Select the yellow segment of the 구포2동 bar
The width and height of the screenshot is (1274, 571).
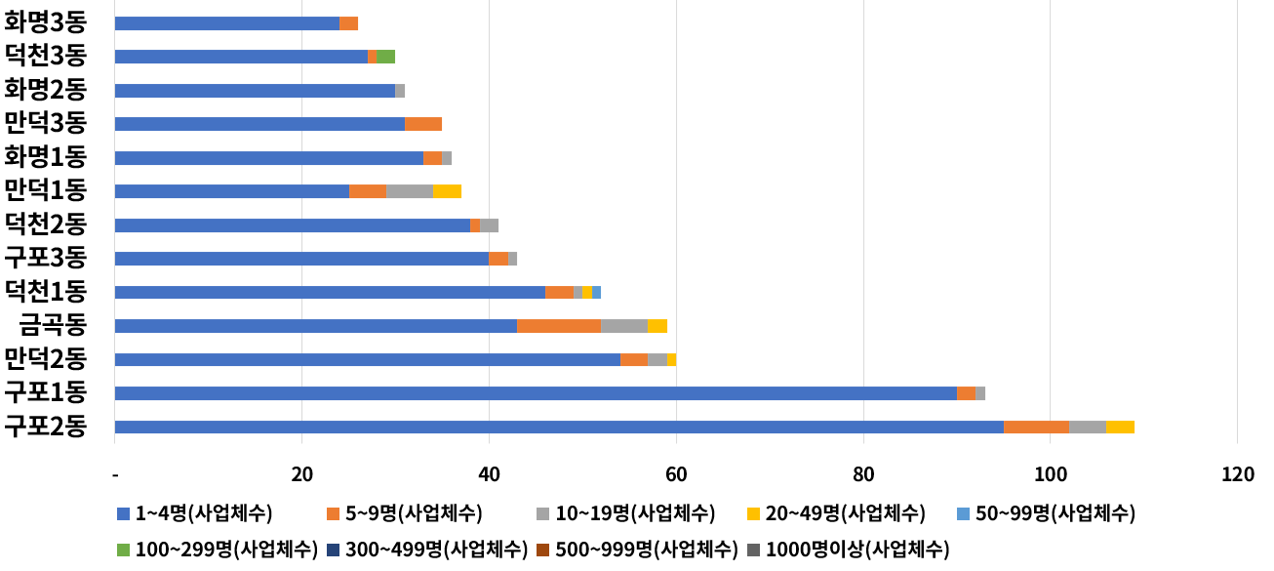(1120, 427)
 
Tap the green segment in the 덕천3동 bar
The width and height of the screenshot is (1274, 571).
(385, 57)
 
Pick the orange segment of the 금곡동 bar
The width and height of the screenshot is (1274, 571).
(559, 326)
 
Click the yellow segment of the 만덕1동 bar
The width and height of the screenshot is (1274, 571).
(447, 191)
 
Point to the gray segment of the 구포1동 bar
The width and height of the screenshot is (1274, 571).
(980, 393)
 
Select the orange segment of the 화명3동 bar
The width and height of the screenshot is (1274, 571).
(348, 23)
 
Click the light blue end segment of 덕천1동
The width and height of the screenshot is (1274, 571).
(596, 292)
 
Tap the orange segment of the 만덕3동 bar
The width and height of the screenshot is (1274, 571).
(423, 124)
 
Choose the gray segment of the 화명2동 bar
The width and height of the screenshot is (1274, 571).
(400, 91)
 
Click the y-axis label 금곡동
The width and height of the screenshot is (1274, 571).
(53, 326)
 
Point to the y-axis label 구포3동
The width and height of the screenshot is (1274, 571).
(46, 259)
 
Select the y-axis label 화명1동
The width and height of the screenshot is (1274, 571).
(46, 157)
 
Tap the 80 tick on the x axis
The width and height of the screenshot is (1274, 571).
(863, 475)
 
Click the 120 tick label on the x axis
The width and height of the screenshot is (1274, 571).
(1237, 475)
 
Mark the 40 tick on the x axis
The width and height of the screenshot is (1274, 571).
(489, 475)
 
